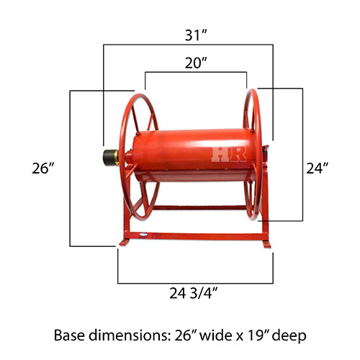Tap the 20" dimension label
[195, 63]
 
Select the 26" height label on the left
[44, 168]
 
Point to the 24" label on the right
[318, 168]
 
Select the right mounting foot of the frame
[266, 243]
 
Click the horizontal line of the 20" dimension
[195, 72]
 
